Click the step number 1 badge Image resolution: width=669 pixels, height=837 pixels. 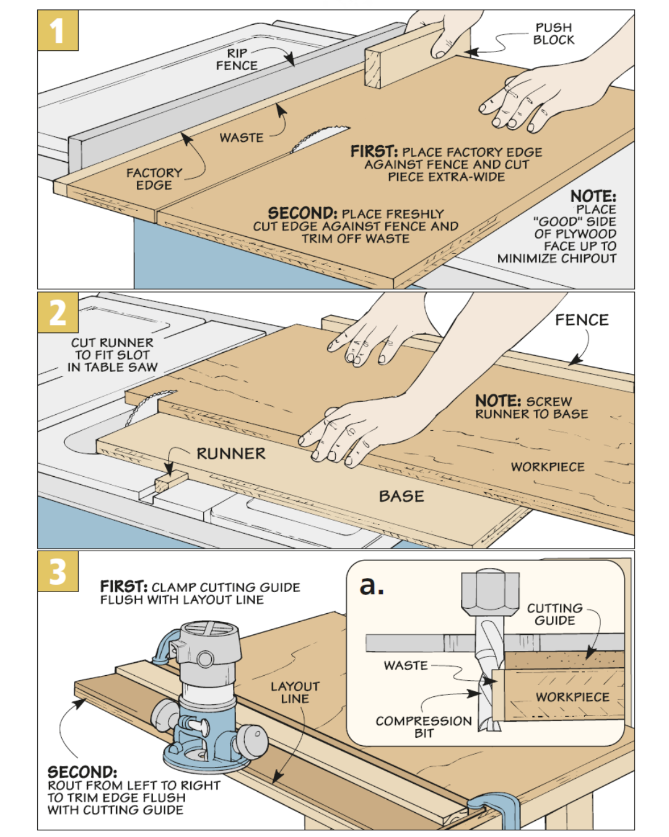pyautogui.click(x=58, y=30)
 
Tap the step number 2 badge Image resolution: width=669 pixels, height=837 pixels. pyautogui.click(x=58, y=312)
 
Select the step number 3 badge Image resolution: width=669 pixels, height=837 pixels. pyautogui.click(x=58, y=571)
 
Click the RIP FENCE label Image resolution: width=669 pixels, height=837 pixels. pyautogui.click(x=237, y=60)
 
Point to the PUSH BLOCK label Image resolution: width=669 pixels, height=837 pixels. pyautogui.click(x=553, y=34)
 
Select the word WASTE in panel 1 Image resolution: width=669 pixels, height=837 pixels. pyautogui.click(x=242, y=138)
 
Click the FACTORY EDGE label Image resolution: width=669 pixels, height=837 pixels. pyautogui.click(x=154, y=179)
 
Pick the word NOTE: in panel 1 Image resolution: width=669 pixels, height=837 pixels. pyautogui.click(x=593, y=197)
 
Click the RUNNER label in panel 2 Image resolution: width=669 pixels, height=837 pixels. pyautogui.click(x=230, y=454)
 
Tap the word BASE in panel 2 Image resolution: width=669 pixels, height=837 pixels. pyautogui.click(x=401, y=497)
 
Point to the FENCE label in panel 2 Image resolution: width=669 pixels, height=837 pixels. pyautogui.click(x=581, y=320)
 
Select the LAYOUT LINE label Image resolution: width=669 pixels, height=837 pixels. pyautogui.click(x=294, y=693)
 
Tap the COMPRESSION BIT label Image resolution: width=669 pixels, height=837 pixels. pyautogui.click(x=424, y=727)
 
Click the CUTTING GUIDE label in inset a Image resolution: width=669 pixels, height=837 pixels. pyautogui.click(x=554, y=614)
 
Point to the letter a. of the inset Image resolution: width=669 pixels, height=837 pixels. pyautogui.click(x=372, y=584)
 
